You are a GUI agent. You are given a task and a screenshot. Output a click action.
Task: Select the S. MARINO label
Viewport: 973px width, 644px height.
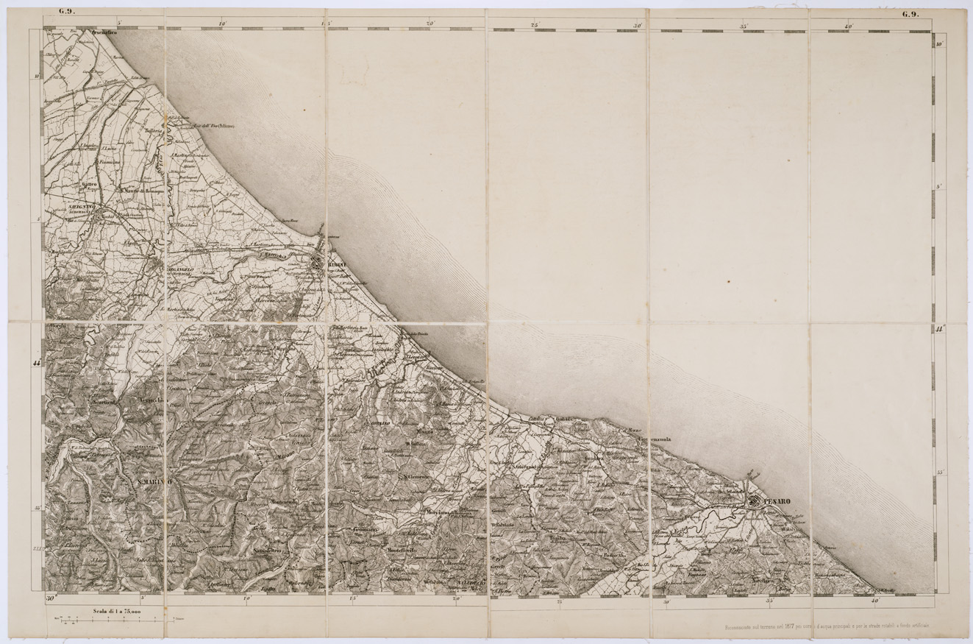(x=153, y=481)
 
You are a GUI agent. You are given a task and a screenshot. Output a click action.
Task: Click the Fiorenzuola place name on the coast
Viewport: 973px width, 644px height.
(x=655, y=440)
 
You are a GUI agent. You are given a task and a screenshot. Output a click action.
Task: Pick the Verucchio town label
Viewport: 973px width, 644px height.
(x=152, y=400)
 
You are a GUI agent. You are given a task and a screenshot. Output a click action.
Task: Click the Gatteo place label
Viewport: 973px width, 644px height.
(x=89, y=184)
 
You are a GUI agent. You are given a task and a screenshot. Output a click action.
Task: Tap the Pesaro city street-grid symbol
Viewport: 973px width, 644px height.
(x=754, y=501)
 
